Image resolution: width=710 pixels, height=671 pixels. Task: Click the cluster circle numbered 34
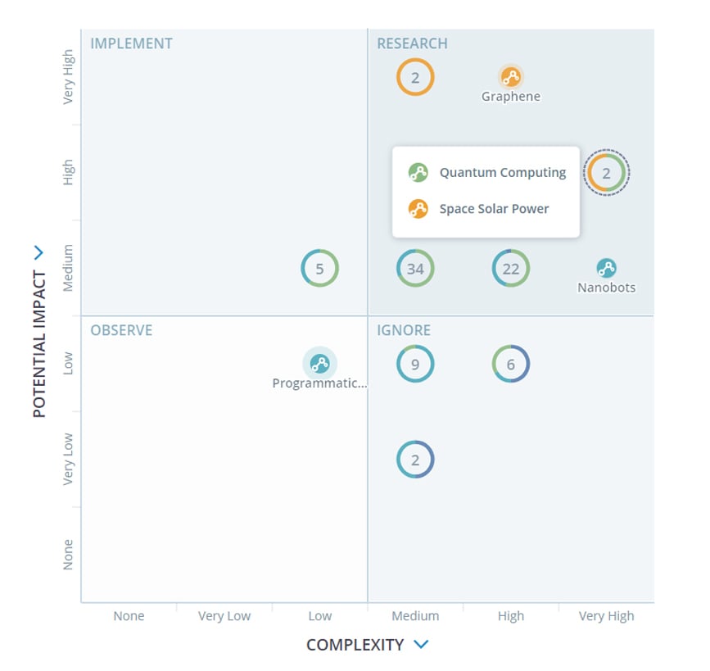415,269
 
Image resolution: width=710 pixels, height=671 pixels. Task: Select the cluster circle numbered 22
511,269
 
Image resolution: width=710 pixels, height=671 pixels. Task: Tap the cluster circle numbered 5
319,269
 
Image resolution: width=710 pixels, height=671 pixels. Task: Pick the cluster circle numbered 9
415,365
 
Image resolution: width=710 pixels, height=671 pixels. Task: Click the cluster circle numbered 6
511,365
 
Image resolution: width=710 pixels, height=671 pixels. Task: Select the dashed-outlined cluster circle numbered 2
606,173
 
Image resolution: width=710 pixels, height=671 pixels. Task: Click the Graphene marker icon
511,78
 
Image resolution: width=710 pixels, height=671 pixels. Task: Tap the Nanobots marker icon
606,268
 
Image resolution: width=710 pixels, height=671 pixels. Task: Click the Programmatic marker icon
319,364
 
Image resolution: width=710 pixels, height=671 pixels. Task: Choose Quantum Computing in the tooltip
502,173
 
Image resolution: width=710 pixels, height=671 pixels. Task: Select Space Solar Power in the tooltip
494,209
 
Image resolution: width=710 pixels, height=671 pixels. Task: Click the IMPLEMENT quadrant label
131,43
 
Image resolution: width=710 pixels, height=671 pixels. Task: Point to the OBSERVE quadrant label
121,330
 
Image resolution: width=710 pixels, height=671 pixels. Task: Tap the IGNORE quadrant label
404,330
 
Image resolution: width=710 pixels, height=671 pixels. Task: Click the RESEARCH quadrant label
412,43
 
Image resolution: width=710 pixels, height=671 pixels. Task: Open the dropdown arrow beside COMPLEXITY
421,645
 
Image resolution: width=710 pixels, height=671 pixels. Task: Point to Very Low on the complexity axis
224,616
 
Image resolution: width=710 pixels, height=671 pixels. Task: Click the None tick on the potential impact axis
68,555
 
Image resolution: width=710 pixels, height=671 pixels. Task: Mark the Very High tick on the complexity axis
606,616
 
